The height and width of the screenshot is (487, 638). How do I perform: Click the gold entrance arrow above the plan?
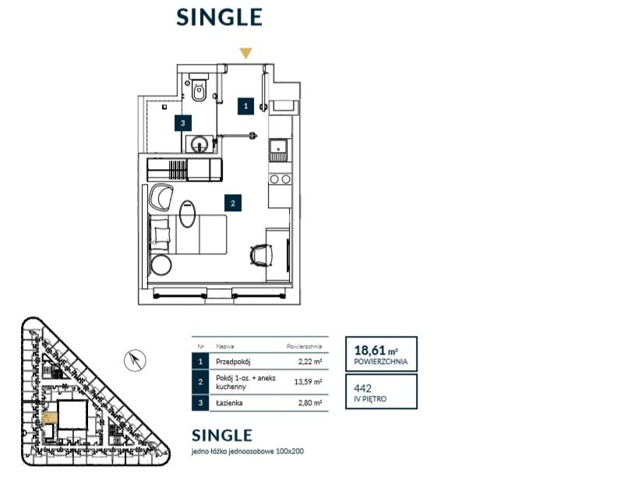[x=245, y=53]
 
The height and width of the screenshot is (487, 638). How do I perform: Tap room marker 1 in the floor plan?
[x=245, y=106]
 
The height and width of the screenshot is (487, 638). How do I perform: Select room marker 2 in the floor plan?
[x=233, y=203]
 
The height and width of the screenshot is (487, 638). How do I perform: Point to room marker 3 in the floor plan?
[x=183, y=123]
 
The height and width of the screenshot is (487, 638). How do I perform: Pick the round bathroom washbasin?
[x=199, y=144]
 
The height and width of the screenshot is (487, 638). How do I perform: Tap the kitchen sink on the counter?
[x=279, y=150]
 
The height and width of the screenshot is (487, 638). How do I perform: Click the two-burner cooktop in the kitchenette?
[x=280, y=179]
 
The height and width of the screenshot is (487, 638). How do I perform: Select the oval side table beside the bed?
[x=187, y=214]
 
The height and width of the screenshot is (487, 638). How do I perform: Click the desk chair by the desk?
[x=261, y=256]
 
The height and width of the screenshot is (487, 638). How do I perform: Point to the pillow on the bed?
[x=161, y=235]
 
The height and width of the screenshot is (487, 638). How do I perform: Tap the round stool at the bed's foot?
[x=161, y=265]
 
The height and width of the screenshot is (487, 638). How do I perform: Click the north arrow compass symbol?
[x=135, y=360]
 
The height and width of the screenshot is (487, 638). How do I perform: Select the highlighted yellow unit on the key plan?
[x=50, y=418]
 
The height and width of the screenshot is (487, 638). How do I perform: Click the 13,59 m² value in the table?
[x=308, y=382]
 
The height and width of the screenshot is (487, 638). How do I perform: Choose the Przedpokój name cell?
[x=233, y=362]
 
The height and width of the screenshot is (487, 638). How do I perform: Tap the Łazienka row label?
[x=229, y=403]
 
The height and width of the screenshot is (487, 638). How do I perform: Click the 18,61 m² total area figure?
[x=375, y=350]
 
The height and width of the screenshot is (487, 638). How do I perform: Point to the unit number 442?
[x=362, y=389]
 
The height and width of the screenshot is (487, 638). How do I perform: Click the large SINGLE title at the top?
[x=220, y=17]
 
